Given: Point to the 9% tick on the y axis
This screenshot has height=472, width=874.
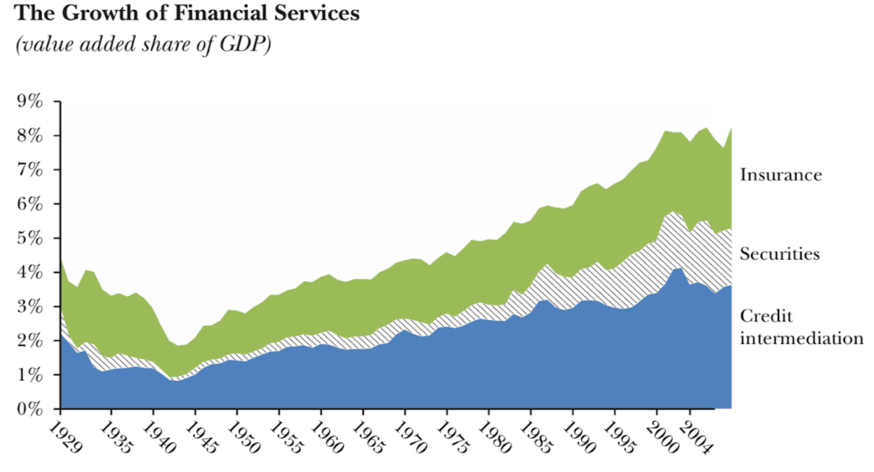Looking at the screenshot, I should (31, 101).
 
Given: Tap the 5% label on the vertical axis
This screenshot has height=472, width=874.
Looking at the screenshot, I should (31, 238).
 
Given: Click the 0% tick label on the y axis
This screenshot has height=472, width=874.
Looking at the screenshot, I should (31, 409).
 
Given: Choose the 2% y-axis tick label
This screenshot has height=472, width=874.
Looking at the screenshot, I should (31, 341).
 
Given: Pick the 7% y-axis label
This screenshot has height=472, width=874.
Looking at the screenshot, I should (31, 170).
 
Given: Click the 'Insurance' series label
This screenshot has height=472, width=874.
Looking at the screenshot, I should (781, 175).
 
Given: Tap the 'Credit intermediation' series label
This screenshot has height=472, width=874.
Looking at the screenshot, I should (801, 327).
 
